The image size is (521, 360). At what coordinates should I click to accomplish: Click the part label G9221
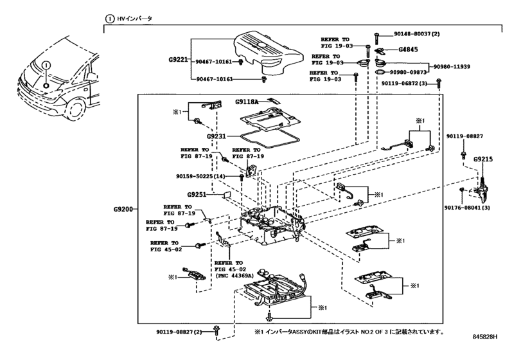(179, 60)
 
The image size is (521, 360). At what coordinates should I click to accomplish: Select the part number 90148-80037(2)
(417, 34)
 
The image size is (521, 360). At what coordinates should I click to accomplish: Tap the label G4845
(409, 50)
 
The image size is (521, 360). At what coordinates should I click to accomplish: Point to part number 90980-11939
(452, 66)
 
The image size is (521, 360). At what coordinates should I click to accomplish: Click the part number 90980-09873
(408, 72)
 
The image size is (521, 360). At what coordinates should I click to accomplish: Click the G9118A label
(247, 102)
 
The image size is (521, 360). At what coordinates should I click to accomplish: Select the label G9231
(216, 136)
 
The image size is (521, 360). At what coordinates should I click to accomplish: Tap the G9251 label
(197, 195)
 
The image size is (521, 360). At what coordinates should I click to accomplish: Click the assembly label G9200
(123, 210)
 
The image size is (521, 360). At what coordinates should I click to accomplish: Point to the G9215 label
(483, 159)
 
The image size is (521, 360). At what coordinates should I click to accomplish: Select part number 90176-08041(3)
(468, 208)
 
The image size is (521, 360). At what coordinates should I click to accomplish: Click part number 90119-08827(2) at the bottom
(179, 332)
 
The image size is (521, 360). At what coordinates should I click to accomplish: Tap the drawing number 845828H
(486, 337)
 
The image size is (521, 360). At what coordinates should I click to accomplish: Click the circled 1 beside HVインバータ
(109, 19)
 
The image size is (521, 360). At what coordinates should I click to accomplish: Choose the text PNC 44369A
(234, 276)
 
